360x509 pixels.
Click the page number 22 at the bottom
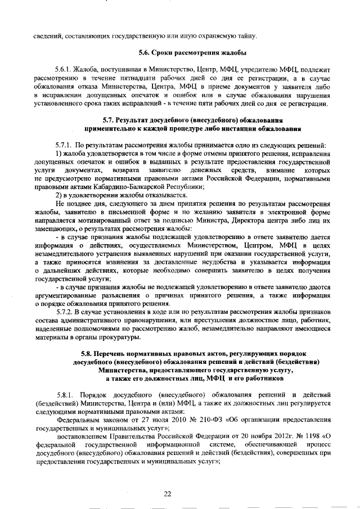pos(167,493)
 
